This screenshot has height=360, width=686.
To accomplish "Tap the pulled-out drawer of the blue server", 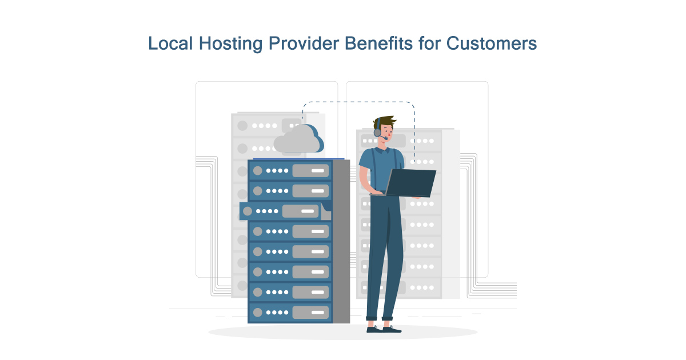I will pos(283,211).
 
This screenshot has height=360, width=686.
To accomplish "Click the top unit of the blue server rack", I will pos(290,170).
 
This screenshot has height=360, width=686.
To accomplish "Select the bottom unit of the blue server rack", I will pos(290,312).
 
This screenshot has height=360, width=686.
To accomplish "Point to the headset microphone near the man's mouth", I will pos(386,138).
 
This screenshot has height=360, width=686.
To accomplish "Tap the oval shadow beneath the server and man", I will pos(343,332).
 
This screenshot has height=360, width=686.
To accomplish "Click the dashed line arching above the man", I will pos(358,103).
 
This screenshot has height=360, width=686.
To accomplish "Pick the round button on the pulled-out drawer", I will pos(247,211).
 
